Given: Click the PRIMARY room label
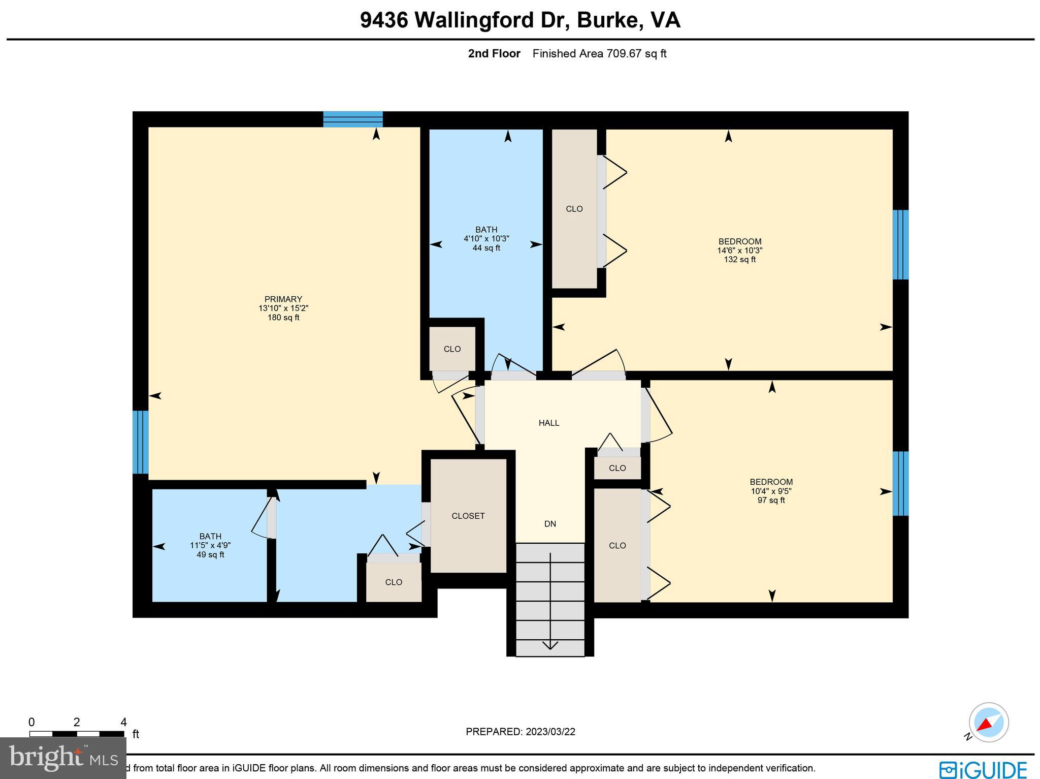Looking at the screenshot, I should [x=283, y=299].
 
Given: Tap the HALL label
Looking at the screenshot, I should [x=549, y=423].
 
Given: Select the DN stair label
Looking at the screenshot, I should [x=550, y=524].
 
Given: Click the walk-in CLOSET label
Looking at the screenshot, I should [x=468, y=516].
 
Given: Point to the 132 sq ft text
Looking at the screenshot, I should [x=739, y=260].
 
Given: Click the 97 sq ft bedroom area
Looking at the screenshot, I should [x=771, y=501].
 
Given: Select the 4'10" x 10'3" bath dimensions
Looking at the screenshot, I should [x=486, y=239].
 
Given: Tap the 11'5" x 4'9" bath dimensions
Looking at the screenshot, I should [x=210, y=545].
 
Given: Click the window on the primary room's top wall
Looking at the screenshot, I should [x=353, y=119].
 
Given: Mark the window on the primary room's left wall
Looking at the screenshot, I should [x=140, y=442].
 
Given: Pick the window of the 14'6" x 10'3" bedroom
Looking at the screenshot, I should [x=900, y=244].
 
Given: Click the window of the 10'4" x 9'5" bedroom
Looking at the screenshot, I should [x=900, y=483].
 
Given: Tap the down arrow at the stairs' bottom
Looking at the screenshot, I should [x=550, y=645].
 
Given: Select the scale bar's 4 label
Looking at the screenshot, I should [x=123, y=722].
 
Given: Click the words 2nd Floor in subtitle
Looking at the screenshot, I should [x=494, y=54].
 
